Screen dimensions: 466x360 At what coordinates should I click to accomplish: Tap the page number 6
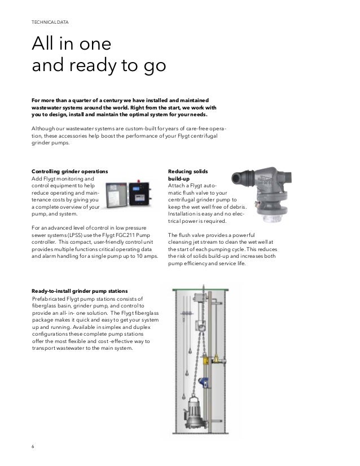click(32, 447)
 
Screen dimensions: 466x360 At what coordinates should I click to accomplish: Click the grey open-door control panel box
click(118, 193)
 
